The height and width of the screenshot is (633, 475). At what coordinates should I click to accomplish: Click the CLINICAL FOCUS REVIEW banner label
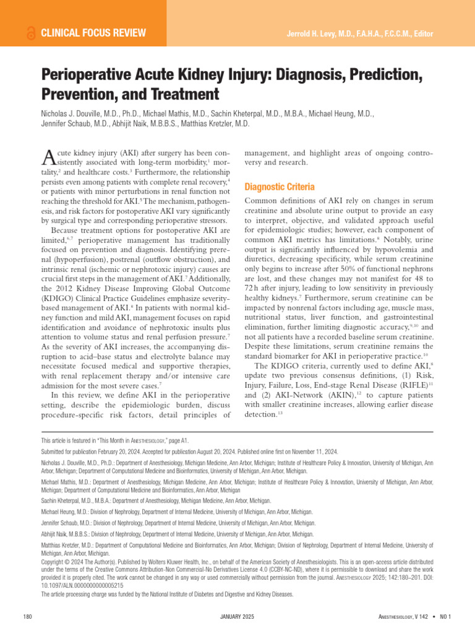[x=93, y=33]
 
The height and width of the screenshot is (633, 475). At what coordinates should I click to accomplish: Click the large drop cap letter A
[x=49, y=159]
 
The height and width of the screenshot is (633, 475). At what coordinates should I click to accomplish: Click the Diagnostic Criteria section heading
[x=280, y=187]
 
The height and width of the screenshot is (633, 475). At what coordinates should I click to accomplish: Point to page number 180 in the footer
[x=27, y=617]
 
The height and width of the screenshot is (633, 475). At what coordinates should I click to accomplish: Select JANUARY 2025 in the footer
[x=237, y=617]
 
